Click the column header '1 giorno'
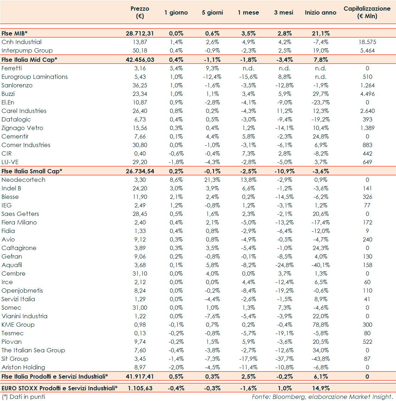176,12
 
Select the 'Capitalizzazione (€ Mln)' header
367,12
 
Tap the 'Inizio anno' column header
320,12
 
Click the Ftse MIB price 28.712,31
140,33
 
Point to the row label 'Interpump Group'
27,50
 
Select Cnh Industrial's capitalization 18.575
367,42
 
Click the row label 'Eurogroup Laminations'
34,77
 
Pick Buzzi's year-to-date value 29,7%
320,94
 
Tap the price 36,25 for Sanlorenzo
140,85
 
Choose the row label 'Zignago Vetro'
22,128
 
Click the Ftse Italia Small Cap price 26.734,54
140,171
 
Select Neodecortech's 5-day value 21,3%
212,180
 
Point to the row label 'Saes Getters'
20,214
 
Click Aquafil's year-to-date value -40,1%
320,265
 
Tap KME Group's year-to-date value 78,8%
320,325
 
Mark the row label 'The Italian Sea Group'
33,350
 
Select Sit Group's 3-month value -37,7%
284,359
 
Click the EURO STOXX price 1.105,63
140,388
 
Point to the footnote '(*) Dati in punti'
23,397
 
